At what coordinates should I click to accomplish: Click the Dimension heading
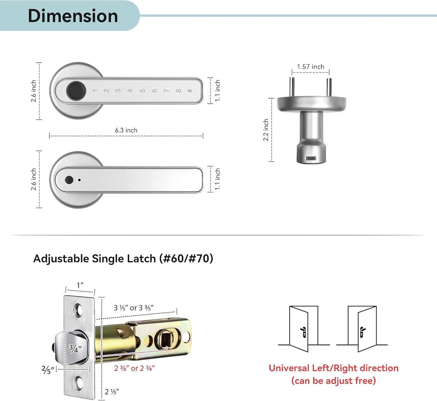pyautogui.click(x=73, y=16)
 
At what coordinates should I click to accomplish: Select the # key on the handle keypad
pyautogui.click(x=190, y=91)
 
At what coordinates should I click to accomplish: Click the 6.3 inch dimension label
pyautogui.click(x=126, y=130)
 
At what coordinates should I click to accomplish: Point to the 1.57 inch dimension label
pyautogui.click(x=310, y=67)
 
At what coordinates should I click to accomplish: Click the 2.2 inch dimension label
pyautogui.click(x=266, y=130)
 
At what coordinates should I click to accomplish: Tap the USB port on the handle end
pyautogui.click(x=311, y=158)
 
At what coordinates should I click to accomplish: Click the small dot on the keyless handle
pyautogui.click(x=79, y=180)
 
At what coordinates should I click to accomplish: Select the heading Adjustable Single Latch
pyautogui.click(x=123, y=259)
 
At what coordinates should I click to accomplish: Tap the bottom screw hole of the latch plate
pyautogui.click(x=79, y=383)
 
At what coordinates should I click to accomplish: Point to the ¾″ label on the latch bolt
pyautogui.click(x=75, y=349)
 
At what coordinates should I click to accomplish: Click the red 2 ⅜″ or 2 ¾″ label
pyautogui.click(x=134, y=368)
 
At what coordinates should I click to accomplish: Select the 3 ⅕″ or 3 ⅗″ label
pyautogui.click(x=133, y=308)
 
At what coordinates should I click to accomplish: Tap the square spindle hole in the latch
pyautogui.click(x=166, y=340)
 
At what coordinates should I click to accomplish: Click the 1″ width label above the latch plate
pyautogui.click(x=80, y=285)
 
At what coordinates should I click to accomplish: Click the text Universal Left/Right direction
pyautogui.click(x=333, y=368)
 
